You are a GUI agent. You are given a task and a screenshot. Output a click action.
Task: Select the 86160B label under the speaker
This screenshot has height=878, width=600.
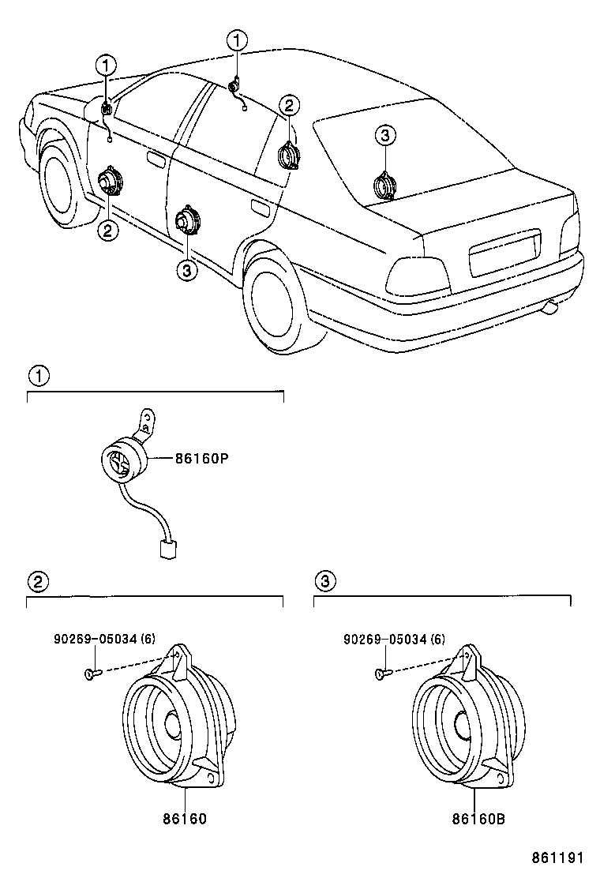478,819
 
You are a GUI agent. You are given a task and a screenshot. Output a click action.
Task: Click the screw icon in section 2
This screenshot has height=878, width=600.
90,673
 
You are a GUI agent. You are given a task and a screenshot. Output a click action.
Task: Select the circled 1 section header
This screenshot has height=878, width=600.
38,376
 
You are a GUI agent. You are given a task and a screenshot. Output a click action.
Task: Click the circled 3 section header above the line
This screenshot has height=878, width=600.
324,581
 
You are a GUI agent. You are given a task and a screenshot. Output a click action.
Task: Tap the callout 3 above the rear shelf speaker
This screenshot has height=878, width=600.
384,137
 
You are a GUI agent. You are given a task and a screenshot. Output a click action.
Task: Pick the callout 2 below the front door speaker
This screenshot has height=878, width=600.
107,230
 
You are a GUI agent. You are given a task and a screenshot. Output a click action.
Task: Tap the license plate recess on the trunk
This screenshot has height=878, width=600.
504,252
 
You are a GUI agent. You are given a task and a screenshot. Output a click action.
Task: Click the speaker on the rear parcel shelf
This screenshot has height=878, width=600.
385,186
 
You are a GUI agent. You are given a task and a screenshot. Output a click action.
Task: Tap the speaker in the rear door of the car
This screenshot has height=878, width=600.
186,219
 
